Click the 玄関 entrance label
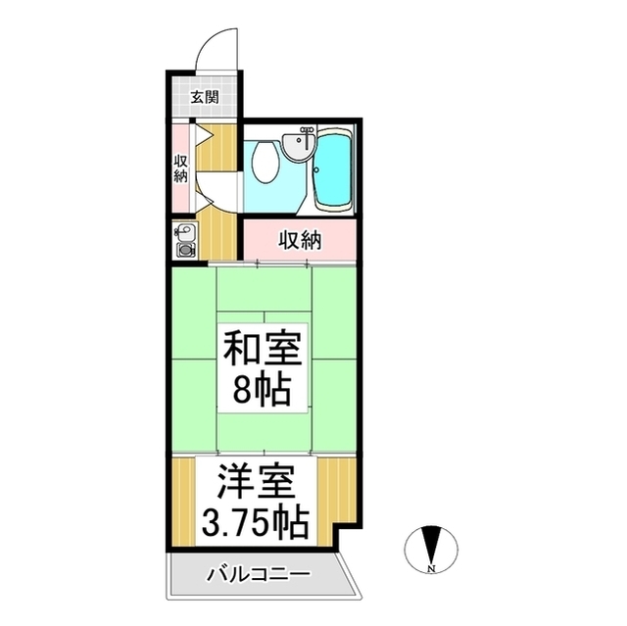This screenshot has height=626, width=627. click(205, 97)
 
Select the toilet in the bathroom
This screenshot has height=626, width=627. click(265, 163)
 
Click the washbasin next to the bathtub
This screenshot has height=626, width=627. click(299, 146)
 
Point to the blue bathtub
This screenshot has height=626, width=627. click(333, 169)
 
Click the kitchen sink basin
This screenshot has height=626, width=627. click(185, 231)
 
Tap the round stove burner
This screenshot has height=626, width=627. click(185, 250)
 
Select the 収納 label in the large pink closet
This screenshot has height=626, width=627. click(300, 241)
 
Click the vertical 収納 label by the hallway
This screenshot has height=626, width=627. click(180, 169)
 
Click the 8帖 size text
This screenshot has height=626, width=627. click(262, 388)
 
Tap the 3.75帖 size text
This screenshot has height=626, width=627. click(256, 521)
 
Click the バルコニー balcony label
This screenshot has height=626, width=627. click(258, 575)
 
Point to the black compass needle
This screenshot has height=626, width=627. click(431, 545)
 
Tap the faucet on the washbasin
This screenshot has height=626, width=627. click(306, 133)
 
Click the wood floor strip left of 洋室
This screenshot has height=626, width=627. click(184, 503)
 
